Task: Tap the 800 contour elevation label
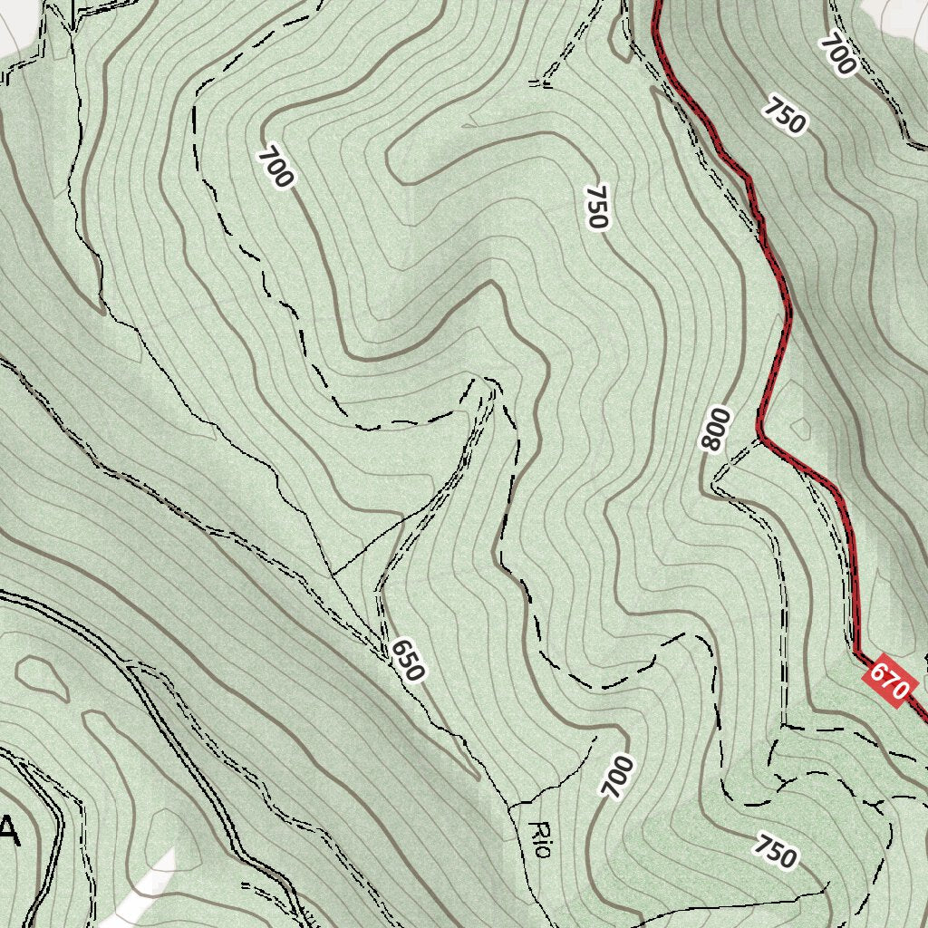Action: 715,430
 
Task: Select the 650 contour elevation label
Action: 407,659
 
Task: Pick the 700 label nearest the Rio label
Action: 617,778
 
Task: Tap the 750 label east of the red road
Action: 784,114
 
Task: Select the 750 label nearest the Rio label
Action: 775,853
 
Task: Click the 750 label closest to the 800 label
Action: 596,207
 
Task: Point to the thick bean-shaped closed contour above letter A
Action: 42,676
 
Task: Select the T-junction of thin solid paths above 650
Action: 332,574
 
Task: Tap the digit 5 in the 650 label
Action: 407,659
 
